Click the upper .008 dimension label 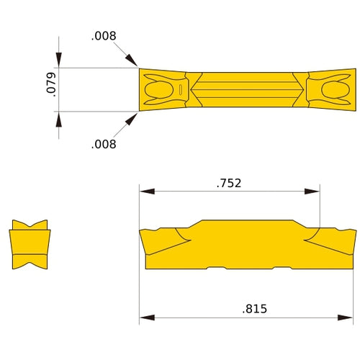click(x=104, y=35)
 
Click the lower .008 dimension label click(x=104, y=144)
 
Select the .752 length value click(x=229, y=183)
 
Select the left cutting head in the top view click(x=162, y=90)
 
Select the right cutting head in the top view click(x=331, y=90)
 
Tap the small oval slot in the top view click(x=179, y=90)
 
